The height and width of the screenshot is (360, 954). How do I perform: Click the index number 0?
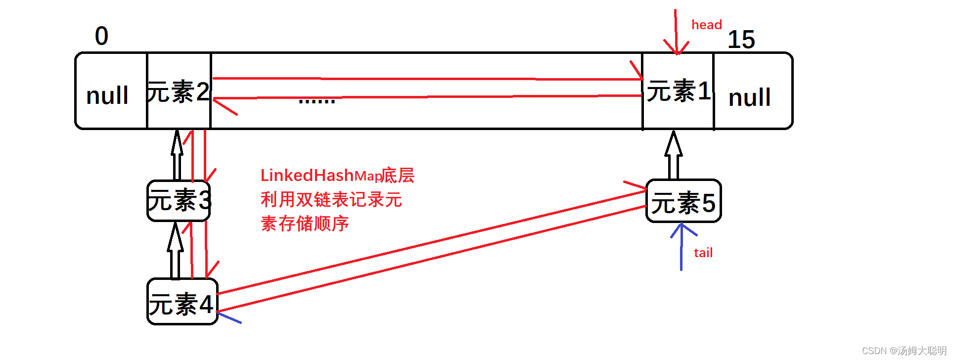102,36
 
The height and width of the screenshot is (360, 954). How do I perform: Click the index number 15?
741,40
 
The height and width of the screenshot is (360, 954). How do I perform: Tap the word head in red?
706,25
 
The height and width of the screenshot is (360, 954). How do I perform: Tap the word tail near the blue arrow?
703,253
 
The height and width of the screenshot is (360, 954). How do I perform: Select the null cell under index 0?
107,95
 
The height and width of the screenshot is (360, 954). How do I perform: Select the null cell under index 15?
749,97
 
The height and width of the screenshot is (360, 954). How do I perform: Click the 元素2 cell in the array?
179,91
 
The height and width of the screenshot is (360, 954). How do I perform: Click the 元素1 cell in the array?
678,91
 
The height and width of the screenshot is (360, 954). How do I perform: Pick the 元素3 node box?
179,200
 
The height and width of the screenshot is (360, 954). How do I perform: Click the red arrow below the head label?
676,32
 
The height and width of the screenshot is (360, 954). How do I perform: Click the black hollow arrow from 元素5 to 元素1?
673,155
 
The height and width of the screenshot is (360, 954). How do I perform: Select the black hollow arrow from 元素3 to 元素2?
177,155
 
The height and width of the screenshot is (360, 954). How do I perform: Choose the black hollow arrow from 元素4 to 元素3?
175,251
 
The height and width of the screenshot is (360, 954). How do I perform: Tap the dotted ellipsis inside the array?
317,101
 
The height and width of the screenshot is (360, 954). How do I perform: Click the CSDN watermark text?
903,351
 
